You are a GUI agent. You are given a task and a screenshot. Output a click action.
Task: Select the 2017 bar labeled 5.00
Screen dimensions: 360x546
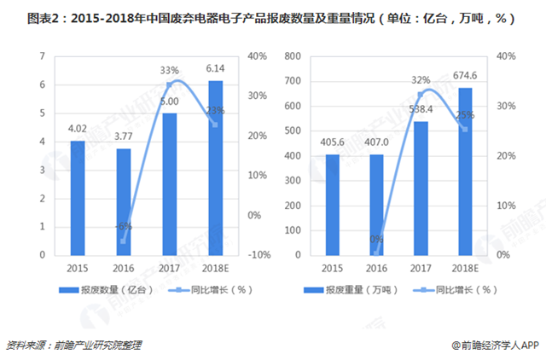(x=170, y=184)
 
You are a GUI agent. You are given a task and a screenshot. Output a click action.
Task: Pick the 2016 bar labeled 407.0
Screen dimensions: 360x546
(x=376, y=205)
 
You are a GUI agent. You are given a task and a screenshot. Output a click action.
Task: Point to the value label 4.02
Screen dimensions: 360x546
(x=78, y=131)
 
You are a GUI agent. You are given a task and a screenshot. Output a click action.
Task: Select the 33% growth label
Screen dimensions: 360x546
(x=169, y=70)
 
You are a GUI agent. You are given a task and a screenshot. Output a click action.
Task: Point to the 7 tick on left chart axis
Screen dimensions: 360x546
(x=42, y=56)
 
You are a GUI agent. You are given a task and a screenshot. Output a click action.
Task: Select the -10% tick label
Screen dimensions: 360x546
(x=260, y=255)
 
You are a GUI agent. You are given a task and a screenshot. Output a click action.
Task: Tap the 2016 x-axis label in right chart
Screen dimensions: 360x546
(x=376, y=269)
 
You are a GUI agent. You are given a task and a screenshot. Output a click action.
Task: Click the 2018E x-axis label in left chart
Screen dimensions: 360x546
(x=216, y=269)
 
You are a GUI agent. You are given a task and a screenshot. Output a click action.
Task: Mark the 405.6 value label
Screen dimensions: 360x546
(x=332, y=142)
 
